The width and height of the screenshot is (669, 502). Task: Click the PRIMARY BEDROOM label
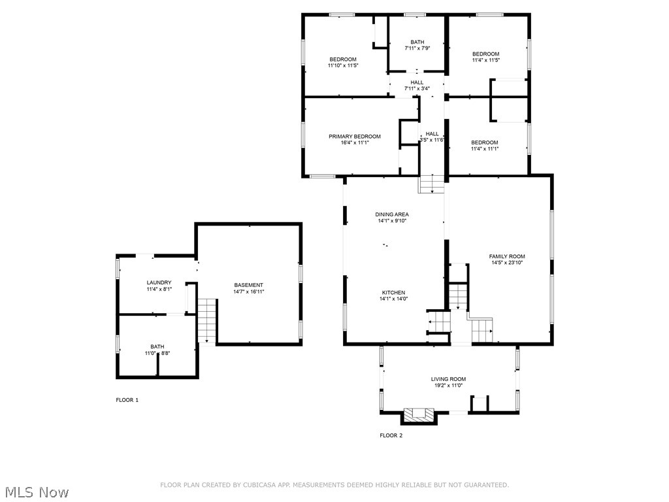tap(354, 137)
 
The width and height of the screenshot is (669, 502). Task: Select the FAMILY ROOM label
tap(507, 256)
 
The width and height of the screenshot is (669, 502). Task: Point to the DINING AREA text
tap(392, 214)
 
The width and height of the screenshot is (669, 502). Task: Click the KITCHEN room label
tap(393, 292)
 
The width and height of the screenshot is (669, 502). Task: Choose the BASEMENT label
tap(249, 285)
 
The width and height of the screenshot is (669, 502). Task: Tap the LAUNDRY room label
tap(159, 282)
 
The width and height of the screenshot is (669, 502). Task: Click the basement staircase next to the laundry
tap(207, 320)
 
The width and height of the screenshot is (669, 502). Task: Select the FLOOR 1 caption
tap(127, 399)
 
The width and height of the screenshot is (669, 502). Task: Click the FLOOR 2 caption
tap(391, 435)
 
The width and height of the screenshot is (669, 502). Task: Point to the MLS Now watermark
tap(37, 492)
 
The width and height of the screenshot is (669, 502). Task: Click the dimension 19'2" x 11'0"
tap(448, 386)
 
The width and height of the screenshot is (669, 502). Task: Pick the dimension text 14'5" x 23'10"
tap(507, 263)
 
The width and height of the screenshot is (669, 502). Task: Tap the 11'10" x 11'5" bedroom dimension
tap(343, 65)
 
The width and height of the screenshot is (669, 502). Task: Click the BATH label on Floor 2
tap(417, 42)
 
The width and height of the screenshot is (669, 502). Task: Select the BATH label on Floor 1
tap(157, 346)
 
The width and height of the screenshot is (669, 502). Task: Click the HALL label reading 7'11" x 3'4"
tap(417, 88)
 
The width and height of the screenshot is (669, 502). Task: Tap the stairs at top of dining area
tap(431, 184)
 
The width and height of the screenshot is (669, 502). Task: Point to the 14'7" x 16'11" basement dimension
tap(249, 292)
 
